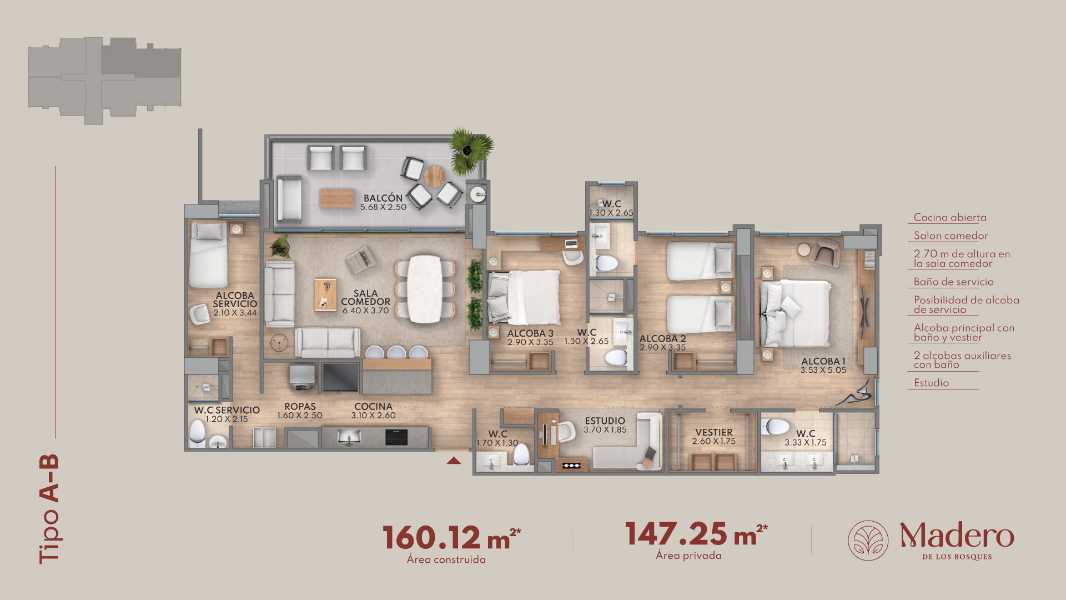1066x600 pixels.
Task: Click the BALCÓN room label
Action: (x=383, y=198)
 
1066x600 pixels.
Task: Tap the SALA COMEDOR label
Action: (x=365, y=297)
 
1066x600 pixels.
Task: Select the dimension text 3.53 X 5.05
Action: (x=823, y=370)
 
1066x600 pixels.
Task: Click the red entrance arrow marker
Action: (x=454, y=460)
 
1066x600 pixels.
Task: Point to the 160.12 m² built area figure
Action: (x=451, y=538)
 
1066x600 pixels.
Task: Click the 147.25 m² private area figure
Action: (x=696, y=534)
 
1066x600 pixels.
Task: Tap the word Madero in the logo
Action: (x=957, y=536)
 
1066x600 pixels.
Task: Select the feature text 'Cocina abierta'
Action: (x=950, y=218)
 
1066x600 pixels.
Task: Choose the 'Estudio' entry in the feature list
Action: (x=931, y=383)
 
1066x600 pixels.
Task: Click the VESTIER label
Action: (x=713, y=432)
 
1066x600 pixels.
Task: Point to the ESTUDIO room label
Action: (x=605, y=421)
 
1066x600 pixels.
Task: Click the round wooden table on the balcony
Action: (x=434, y=177)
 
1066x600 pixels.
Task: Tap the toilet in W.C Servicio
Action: (x=197, y=433)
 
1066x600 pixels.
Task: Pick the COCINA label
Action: (x=373, y=407)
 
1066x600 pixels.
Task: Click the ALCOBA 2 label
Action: (x=662, y=338)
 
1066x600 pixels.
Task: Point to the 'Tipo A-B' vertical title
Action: (x=49, y=509)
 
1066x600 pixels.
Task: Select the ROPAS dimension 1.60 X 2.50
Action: (x=299, y=416)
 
